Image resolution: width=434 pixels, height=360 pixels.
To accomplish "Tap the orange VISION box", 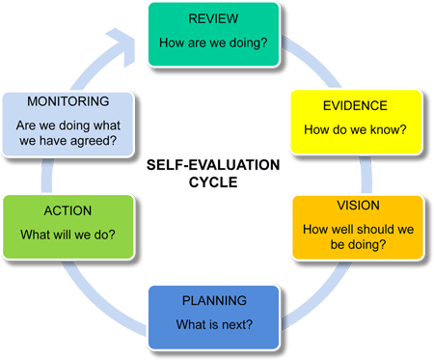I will [x=357, y=227].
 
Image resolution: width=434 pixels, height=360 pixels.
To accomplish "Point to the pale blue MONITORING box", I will [x=67, y=124].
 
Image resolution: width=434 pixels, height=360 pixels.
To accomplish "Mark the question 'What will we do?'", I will [x=67, y=235].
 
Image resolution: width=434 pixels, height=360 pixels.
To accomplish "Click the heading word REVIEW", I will [x=213, y=18].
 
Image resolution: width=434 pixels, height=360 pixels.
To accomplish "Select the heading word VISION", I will [x=357, y=206].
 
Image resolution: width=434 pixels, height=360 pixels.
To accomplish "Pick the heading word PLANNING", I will [x=214, y=300].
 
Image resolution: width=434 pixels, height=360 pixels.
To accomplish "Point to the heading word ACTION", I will [x=67, y=210].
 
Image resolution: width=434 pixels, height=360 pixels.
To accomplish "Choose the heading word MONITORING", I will [x=67, y=100].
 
